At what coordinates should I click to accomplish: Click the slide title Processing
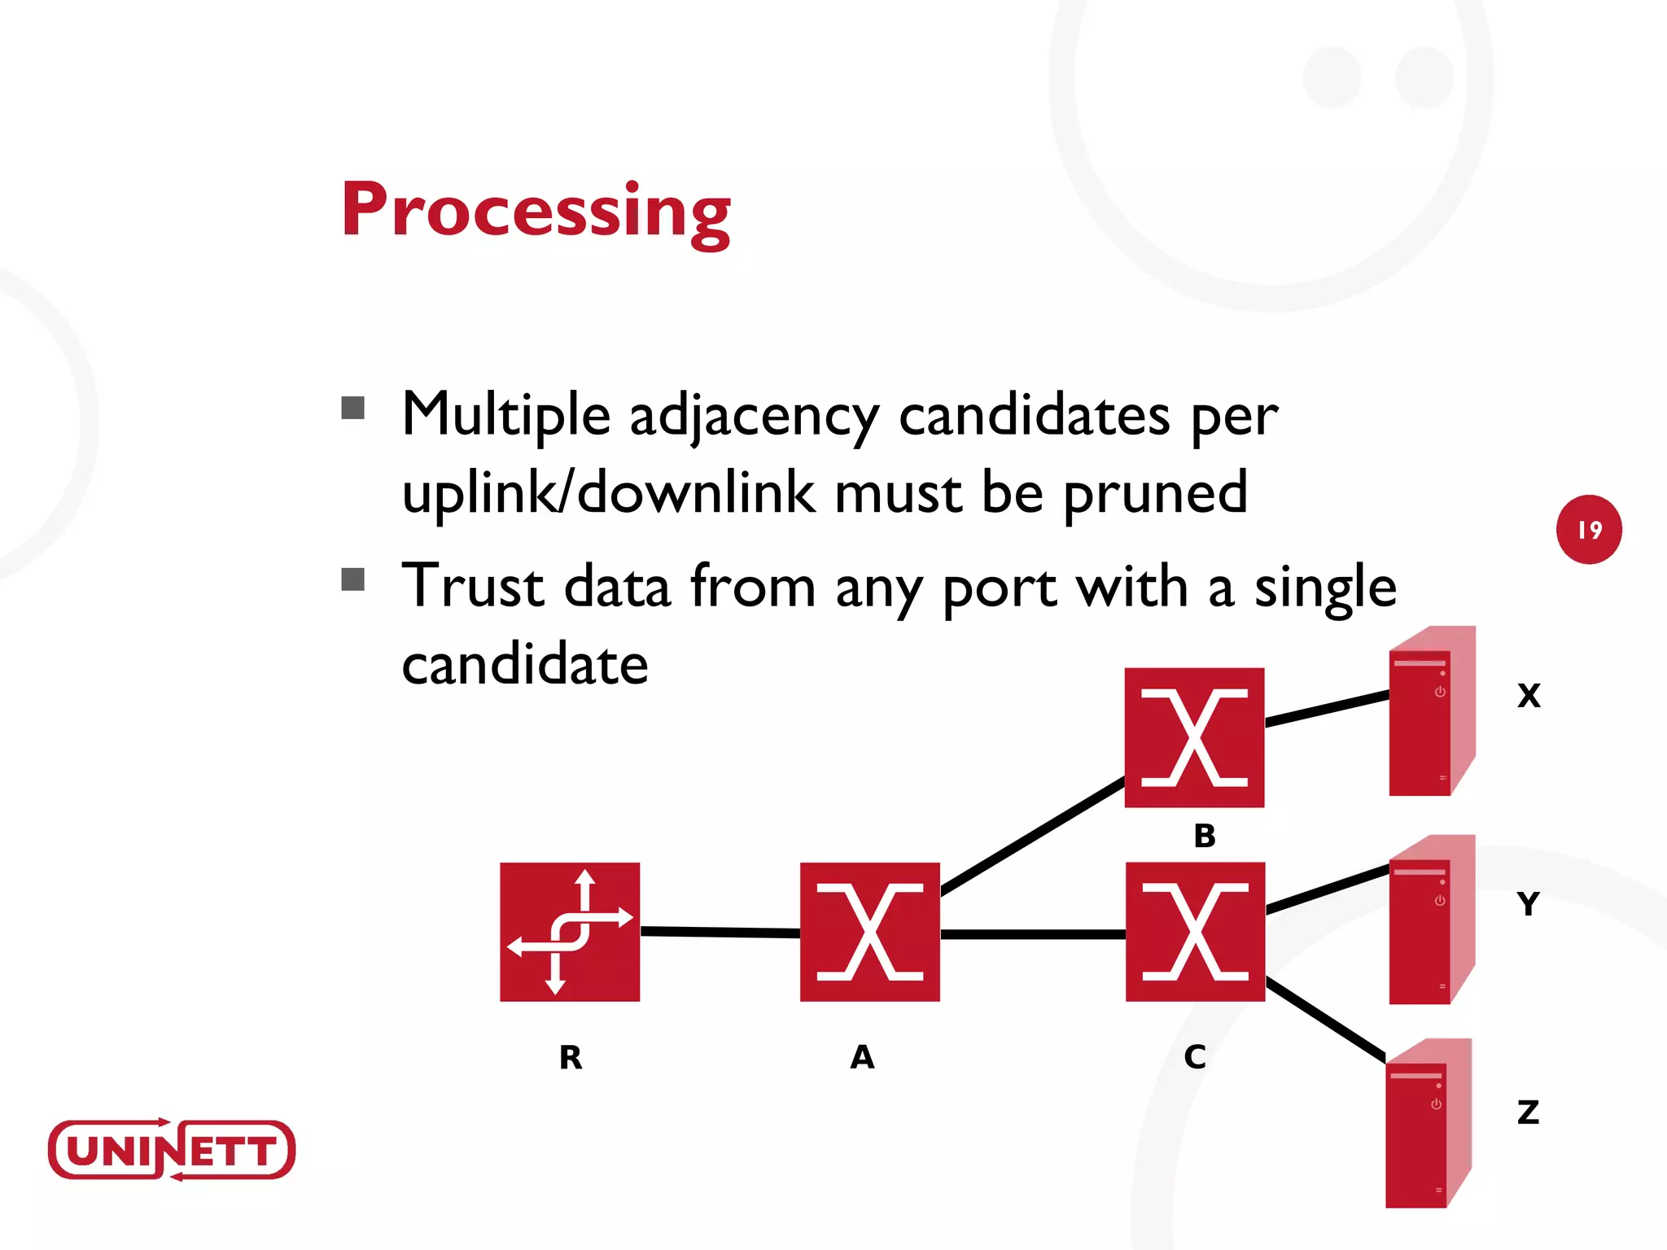point(536,210)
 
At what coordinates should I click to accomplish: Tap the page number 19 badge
point(1589,530)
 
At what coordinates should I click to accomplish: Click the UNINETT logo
point(171,1149)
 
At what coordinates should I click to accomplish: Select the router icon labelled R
point(570,932)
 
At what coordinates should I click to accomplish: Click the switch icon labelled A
point(869,932)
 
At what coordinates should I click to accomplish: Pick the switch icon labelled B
point(1194,737)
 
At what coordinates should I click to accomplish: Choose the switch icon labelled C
point(1195,932)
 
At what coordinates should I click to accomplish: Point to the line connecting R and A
point(720,932)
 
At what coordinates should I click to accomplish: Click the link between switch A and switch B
point(1032,837)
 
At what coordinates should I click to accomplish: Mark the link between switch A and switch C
point(1032,934)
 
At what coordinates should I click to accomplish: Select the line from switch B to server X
point(1327,708)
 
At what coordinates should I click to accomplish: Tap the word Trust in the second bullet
point(473,586)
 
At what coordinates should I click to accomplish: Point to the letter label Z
point(1528,1112)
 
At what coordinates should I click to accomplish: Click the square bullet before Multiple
point(352,408)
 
